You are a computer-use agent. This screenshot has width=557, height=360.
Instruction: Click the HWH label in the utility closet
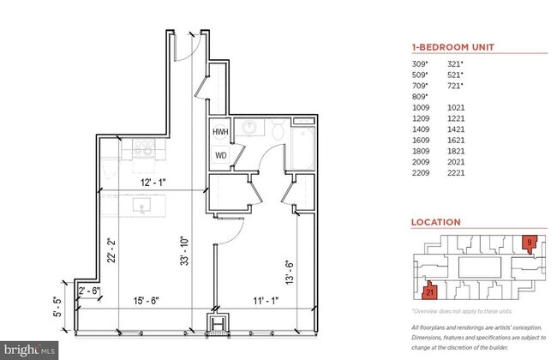221,133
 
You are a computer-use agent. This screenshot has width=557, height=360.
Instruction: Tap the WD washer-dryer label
221,156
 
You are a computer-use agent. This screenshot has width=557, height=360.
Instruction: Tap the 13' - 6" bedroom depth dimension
289,273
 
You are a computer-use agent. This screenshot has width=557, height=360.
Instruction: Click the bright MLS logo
30,349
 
